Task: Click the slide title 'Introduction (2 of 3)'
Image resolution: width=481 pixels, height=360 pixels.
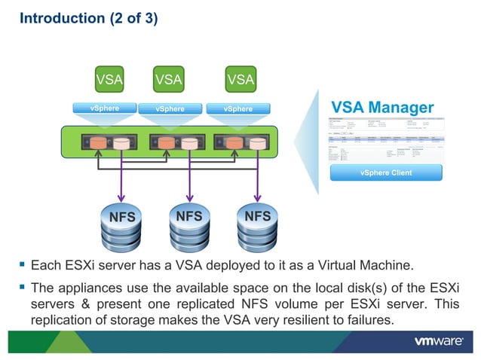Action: click(x=88, y=18)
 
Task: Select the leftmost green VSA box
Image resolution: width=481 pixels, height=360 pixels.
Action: click(x=109, y=79)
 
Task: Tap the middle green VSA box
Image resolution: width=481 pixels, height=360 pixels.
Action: click(x=168, y=79)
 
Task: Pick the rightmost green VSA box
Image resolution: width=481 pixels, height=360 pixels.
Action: click(x=240, y=79)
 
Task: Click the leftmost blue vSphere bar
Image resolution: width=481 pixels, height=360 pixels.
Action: click(x=105, y=108)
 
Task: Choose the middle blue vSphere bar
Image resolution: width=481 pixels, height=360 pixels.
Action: click(x=170, y=108)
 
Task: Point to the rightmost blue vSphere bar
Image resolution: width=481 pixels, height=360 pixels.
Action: click(x=238, y=108)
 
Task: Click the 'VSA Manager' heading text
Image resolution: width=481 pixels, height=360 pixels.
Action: click(x=382, y=108)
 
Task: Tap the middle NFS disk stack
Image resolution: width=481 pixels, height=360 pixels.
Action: click(x=188, y=226)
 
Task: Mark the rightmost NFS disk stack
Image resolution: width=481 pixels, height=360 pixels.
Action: click(x=258, y=226)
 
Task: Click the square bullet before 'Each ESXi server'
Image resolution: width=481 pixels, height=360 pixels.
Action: click(x=23, y=265)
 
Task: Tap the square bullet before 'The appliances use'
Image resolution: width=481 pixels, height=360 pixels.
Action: click(x=23, y=288)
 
